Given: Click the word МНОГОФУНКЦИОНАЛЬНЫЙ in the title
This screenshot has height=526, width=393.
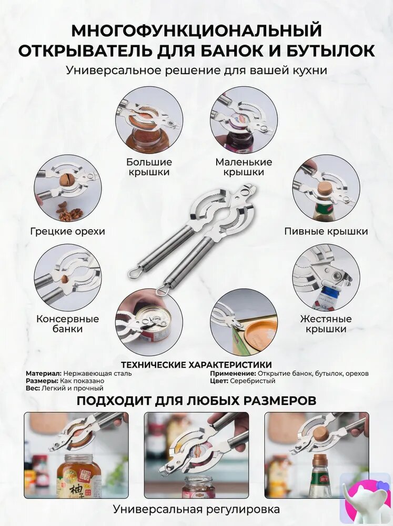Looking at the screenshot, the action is [196, 31].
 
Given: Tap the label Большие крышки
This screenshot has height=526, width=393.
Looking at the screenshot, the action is [149, 167].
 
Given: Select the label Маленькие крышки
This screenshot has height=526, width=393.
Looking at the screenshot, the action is [244, 167].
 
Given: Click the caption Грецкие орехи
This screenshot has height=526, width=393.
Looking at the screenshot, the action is [67, 231].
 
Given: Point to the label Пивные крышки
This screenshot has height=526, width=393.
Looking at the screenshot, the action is [326, 231].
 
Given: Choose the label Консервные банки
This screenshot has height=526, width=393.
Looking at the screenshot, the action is [67, 323].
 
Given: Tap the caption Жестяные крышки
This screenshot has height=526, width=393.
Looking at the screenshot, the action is [326, 323].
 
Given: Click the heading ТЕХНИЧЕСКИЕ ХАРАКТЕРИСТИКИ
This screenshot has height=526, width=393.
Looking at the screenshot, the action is [196, 365].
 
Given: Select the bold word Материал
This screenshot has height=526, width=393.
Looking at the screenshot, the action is [43, 373].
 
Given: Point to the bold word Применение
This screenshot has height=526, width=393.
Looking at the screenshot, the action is [233, 373].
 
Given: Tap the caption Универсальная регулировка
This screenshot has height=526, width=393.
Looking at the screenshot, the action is [196, 509].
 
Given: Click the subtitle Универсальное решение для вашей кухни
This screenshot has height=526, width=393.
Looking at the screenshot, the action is [196, 70].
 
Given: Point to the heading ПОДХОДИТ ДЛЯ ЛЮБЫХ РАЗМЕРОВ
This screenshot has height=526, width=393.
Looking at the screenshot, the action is [196, 400].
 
